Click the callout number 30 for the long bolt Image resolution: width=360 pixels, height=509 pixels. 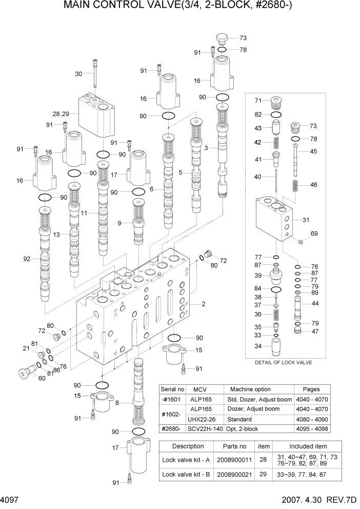click(x=78, y=74)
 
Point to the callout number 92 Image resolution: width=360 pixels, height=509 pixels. click(x=27, y=259)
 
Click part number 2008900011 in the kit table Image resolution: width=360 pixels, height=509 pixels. click(x=234, y=460)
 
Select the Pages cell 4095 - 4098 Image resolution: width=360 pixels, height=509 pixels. click(x=312, y=429)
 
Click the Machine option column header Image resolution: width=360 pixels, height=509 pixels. click(x=250, y=389)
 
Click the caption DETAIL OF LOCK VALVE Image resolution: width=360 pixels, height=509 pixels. click(x=283, y=362)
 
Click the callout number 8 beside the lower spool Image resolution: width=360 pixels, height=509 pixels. click(x=117, y=403)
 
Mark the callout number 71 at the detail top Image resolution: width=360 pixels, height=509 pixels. click(x=259, y=101)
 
